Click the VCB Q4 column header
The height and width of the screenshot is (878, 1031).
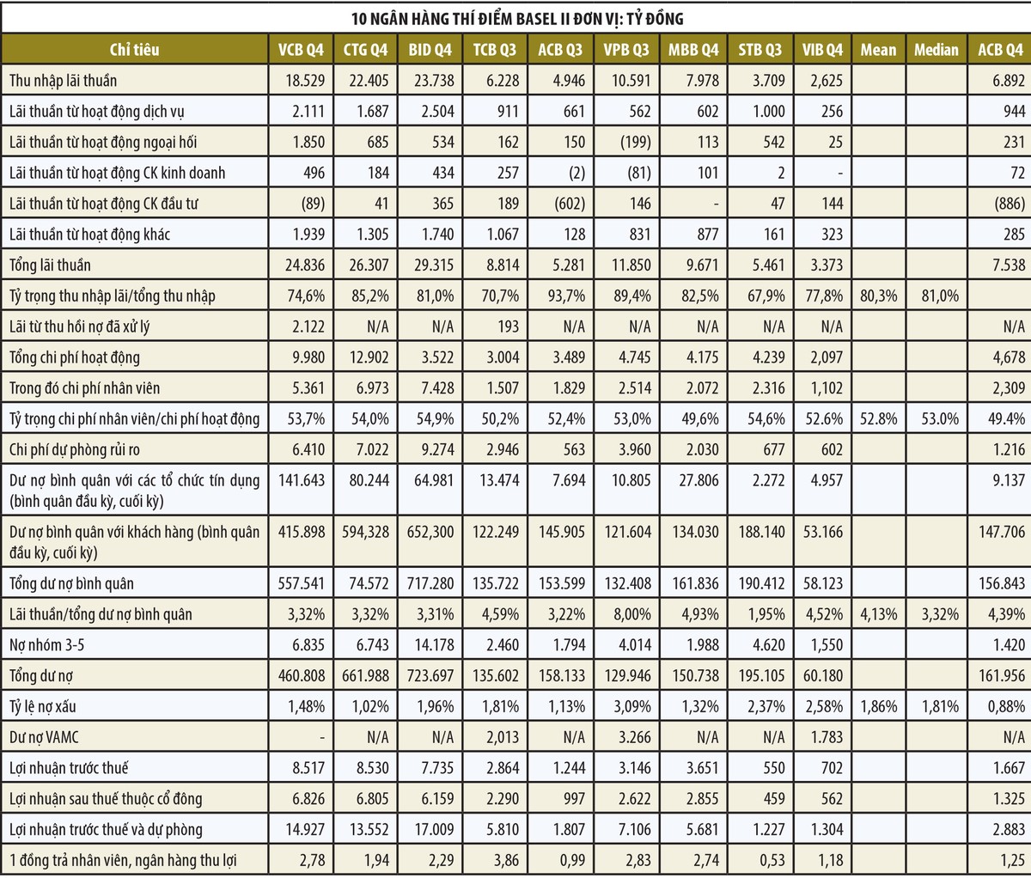pyautogui.click(x=301, y=50)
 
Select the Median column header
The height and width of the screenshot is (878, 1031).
pyautogui.click(x=936, y=50)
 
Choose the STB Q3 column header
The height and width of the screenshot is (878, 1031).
pyautogui.click(x=760, y=50)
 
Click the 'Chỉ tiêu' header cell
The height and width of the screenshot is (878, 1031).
pyautogui.click(x=135, y=50)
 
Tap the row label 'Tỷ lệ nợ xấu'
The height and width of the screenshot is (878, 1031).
pyautogui.click(x=43, y=707)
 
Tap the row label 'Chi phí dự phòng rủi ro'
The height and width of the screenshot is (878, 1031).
pyautogui.click(x=75, y=449)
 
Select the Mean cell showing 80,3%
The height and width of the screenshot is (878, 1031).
pyautogui.click(x=878, y=296)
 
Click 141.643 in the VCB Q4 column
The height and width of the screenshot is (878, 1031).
pyautogui.click(x=301, y=479)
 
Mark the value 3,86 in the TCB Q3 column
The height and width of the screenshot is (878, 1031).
pyautogui.click(x=503, y=860)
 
